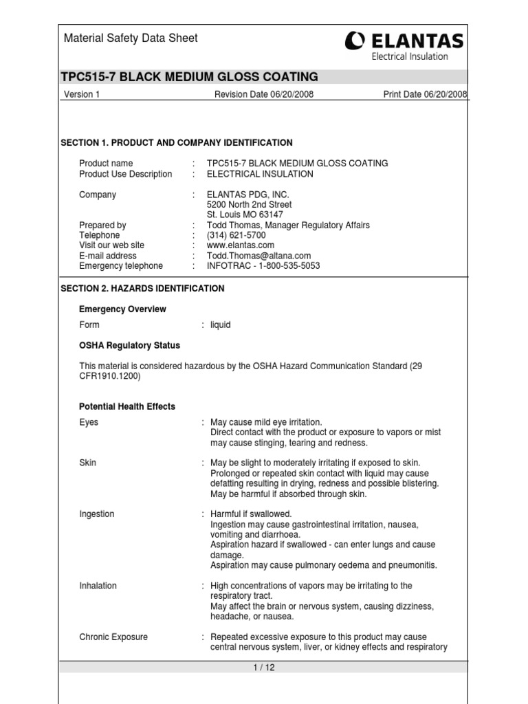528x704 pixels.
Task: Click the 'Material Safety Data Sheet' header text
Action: (x=131, y=38)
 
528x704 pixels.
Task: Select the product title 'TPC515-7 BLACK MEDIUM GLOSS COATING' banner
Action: (x=190, y=76)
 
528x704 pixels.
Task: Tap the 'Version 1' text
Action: (x=82, y=95)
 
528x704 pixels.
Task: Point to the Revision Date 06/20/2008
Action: (x=264, y=95)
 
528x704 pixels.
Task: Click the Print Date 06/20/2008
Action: (x=425, y=95)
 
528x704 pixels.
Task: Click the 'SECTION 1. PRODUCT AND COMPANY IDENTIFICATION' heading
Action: (x=177, y=143)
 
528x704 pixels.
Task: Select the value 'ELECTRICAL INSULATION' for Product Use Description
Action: (x=260, y=174)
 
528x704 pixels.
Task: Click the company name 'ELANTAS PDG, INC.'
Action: (x=248, y=195)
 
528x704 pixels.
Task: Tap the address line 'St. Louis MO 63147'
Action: (x=245, y=214)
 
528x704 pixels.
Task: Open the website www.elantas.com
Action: (x=241, y=245)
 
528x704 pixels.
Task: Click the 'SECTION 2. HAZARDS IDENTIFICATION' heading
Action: (x=142, y=289)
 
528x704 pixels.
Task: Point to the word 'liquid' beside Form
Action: (x=220, y=325)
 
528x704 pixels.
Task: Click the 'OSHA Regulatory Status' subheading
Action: (x=129, y=345)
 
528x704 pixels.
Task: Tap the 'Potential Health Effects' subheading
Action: (x=127, y=406)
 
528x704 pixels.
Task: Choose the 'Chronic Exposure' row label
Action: (x=113, y=637)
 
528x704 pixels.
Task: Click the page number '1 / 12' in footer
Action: (x=263, y=668)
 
